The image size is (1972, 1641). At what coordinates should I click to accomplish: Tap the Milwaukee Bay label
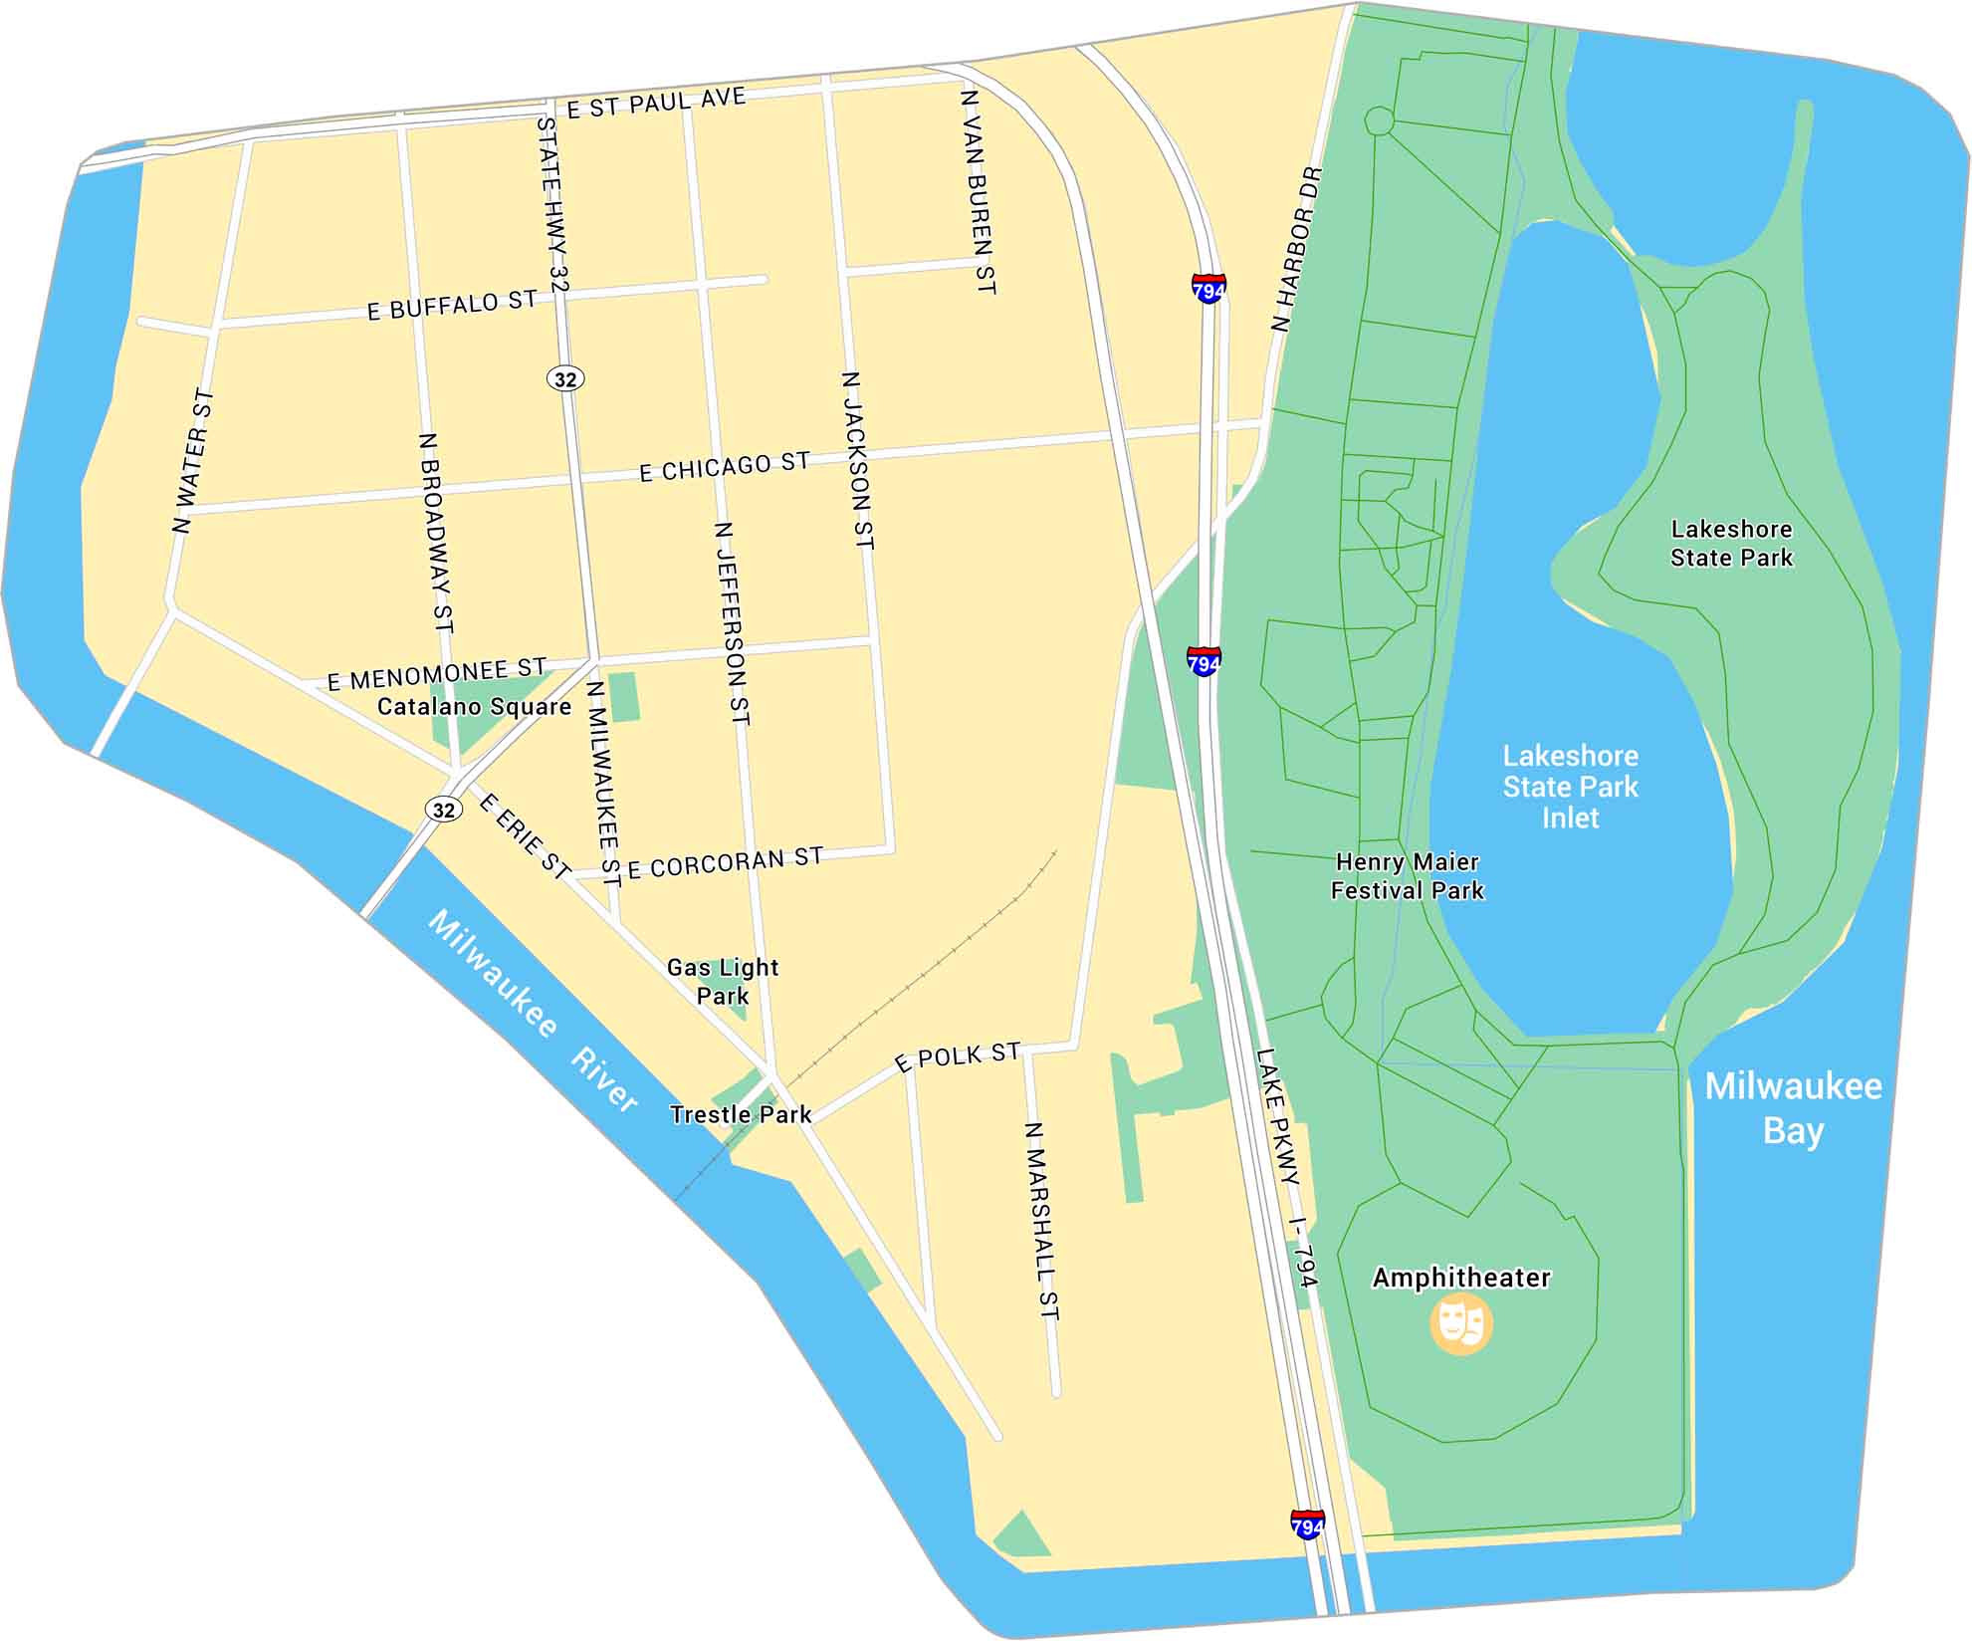pos(1793,1107)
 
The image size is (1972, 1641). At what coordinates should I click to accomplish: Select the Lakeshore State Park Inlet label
pos(1570,787)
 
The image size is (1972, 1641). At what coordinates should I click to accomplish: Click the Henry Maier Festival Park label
pos(1407,876)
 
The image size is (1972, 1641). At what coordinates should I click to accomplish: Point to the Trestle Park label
pos(741,1114)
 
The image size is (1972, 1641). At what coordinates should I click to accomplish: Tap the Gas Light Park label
pos(723,981)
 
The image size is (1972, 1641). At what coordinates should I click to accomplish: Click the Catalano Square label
pos(474,707)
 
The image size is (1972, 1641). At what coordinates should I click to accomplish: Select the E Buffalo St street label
pos(452,306)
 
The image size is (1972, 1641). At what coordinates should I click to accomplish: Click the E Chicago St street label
pos(724,467)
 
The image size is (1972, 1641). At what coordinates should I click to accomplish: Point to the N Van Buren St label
pos(978,191)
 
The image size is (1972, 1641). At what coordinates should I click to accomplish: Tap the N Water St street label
pos(192,461)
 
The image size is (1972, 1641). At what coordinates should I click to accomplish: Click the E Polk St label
pos(958,1056)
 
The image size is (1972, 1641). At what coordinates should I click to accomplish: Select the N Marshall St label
pos(1042,1221)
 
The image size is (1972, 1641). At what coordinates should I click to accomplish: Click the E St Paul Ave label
pos(656,103)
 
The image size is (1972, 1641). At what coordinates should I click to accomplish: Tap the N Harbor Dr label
pos(1297,249)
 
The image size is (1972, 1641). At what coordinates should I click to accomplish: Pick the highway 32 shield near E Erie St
pos(444,810)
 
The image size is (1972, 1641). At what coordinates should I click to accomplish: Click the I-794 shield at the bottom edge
pos(1307,1524)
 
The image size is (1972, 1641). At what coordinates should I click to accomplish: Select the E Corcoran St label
pos(725,862)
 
